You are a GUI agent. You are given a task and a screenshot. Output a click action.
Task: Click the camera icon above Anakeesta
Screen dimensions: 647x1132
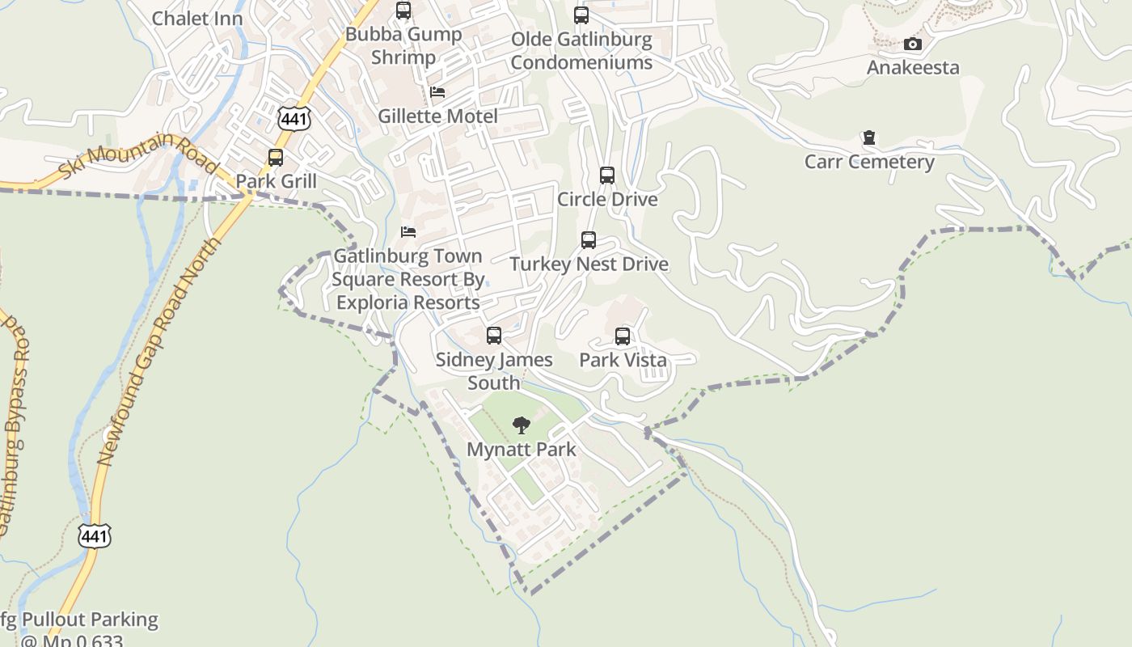(913, 44)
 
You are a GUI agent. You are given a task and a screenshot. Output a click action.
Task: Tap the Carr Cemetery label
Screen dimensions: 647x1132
(869, 162)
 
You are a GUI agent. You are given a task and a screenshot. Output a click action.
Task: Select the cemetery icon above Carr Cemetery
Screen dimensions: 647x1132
(869, 137)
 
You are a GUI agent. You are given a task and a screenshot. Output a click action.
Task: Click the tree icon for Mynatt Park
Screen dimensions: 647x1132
(522, 425)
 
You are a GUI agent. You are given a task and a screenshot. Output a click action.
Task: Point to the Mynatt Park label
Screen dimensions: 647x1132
(522, 450)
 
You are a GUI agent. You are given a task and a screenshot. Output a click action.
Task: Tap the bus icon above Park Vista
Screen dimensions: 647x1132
(623, 336)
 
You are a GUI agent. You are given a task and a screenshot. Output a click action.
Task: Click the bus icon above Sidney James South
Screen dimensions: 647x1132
(494, 335)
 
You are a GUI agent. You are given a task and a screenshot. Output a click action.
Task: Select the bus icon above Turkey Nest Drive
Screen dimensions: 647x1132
(589, 239)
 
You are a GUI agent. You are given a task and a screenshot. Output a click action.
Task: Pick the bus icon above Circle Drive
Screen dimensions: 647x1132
(607, 175)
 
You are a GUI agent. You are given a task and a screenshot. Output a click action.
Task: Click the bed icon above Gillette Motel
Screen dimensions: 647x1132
(437, 92)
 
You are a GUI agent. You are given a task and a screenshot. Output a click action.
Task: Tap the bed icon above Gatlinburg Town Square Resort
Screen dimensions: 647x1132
(408, 232)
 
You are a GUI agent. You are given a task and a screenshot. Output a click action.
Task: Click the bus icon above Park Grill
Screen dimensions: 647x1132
(276, 157)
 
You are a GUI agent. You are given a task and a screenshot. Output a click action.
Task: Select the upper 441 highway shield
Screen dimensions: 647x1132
(294, 119)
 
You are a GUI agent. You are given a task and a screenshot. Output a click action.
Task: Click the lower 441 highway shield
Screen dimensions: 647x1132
(95, 535)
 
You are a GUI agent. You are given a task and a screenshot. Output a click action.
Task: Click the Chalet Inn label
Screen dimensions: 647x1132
(197, 18)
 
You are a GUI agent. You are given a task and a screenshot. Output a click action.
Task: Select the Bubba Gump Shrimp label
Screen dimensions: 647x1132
(403, 45)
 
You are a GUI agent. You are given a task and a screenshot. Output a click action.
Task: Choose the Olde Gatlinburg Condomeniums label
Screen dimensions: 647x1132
(581, 51)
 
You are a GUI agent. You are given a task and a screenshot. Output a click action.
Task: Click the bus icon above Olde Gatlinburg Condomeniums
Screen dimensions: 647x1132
(581, 15)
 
